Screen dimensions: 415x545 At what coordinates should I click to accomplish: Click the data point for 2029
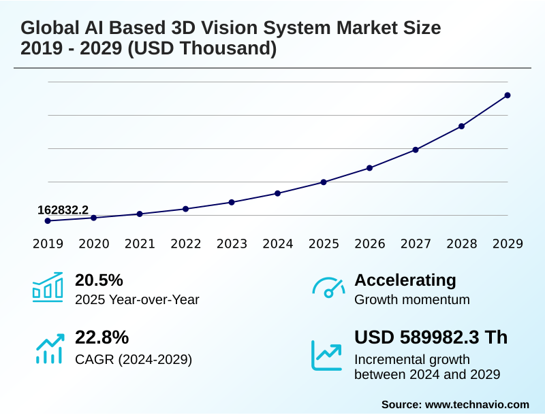(x=508, y=95)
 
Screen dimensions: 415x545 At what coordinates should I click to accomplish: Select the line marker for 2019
(x=48, y=221)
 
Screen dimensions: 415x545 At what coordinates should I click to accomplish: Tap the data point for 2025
(x=324, y=182)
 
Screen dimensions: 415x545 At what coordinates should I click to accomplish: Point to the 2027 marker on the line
(x=416, y=150)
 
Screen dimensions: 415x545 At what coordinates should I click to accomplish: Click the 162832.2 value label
(x=63, y=210)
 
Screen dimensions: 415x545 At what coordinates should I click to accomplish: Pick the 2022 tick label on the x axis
(x=186, y=244)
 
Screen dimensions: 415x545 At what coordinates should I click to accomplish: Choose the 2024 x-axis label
(x=278, y=244)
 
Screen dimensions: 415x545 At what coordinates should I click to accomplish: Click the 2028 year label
(x=462, y=244)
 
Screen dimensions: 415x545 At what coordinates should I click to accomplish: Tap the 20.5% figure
(x=99, y=280)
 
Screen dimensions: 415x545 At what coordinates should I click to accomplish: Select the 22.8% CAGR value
(x=102, y=337)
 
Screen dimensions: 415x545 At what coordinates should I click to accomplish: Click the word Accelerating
(x=405, y=280)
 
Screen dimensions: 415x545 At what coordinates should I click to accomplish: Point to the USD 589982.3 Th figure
(x=431, y=337)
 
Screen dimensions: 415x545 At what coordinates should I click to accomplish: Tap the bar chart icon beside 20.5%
(x=47, y=287)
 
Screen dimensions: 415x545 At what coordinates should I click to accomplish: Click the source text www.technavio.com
(x=477, y=404)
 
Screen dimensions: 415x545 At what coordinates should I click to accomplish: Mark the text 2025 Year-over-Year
(x=137, y=300)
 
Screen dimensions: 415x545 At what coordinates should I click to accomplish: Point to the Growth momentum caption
(x=412, y=300)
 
